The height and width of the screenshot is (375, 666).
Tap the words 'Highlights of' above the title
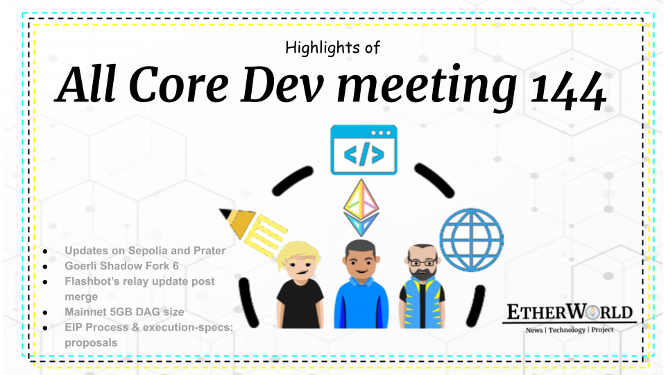[332, 48]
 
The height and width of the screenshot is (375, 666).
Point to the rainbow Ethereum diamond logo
[361, 208]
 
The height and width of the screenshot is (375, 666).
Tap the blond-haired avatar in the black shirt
[298, 285]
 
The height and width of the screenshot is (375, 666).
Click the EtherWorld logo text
[569, 313]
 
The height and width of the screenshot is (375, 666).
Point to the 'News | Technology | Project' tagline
[569, 330]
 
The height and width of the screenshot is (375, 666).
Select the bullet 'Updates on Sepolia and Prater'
[145, 250]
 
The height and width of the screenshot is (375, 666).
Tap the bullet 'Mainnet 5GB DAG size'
[125, 312]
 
